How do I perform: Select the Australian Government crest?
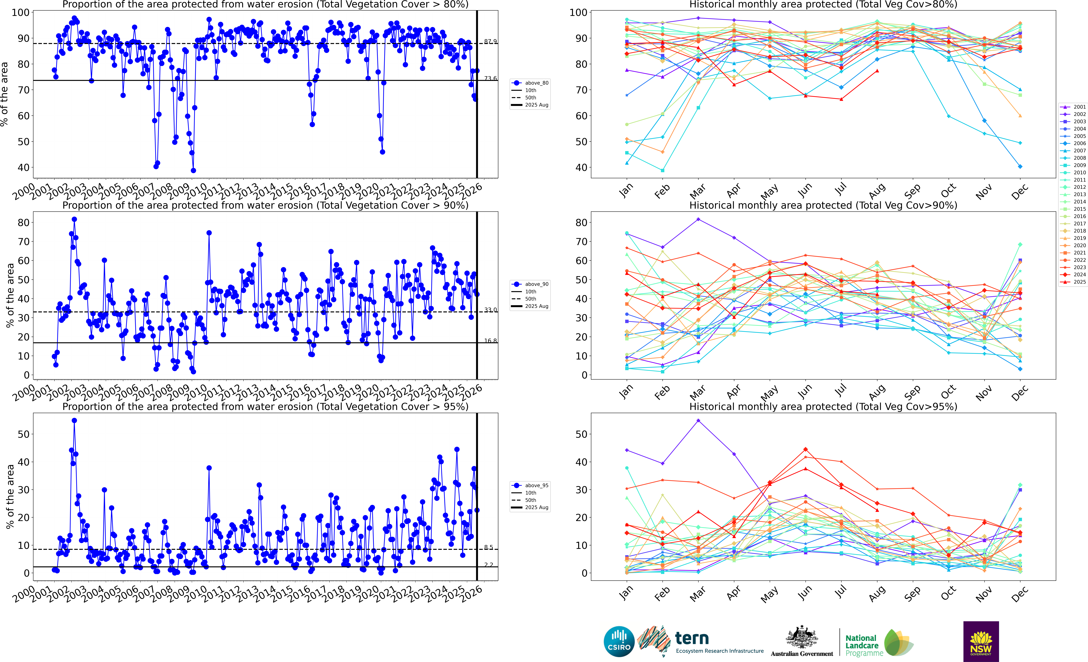coord(801,638)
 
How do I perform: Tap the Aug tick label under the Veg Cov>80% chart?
coord(877,191)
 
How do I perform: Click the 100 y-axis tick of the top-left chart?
coord(20,12)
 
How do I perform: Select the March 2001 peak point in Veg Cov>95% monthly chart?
coord(698,421)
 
